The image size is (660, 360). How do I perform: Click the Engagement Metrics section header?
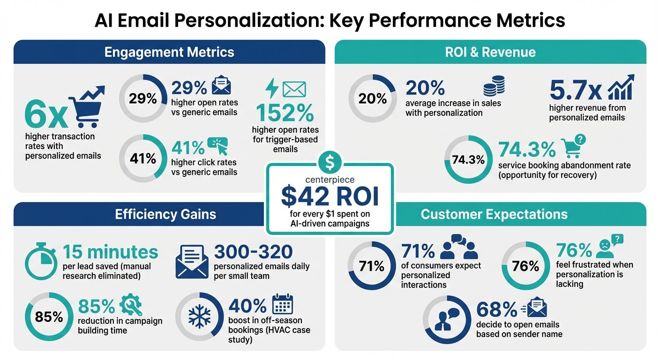(169, 52)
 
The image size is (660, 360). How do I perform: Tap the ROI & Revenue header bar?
(490, 52)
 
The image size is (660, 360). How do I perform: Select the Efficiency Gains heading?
(165, 214)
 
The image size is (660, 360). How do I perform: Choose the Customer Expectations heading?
(494, 214)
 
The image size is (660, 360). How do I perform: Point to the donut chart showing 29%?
(142, 98)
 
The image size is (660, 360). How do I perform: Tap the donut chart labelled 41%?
(142, 158)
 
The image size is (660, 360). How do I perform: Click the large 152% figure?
(285, 113)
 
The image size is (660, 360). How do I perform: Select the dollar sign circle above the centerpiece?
(330, 162)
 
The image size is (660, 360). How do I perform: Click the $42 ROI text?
(329, 196)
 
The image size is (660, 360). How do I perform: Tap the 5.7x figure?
(576, 90)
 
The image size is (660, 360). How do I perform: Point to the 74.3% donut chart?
(468, 159)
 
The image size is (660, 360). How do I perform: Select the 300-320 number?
(253, 252)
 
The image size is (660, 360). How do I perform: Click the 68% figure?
(496, 309)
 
